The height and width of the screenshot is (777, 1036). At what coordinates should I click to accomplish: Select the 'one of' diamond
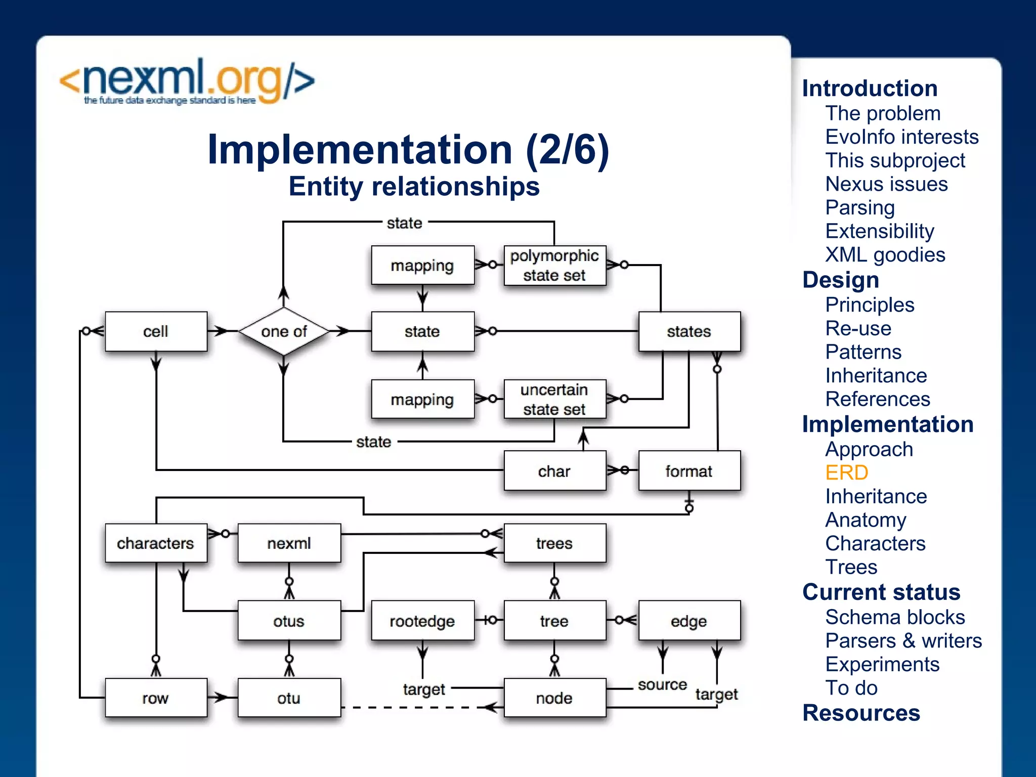[x=284, y=331]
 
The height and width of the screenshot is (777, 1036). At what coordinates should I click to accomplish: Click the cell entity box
[x=156, y=331]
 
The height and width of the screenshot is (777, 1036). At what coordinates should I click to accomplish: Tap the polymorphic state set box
[x=554, y=266]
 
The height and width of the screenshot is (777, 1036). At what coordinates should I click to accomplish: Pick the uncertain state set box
[x=554, y=399]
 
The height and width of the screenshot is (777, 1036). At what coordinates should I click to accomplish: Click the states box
[x=689, y=331]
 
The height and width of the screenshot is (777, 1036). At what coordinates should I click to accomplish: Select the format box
[x=689, y=471]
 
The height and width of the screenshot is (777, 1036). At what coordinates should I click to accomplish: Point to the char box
[x=554, y=471]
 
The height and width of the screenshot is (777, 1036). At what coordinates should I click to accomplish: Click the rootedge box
[x=422, y=621]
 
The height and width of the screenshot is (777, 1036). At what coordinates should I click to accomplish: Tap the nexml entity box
[x=289, y=543]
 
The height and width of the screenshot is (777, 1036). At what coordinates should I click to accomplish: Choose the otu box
[x=289, y=698]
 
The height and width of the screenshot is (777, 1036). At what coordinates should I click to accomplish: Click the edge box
[x=689, y=621]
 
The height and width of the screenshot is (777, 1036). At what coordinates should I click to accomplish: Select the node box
[x=554, y=698]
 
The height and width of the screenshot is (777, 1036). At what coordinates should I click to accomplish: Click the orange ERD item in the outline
[x=846, y=472]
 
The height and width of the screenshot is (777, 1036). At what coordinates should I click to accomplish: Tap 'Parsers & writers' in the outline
[x=903, y=640]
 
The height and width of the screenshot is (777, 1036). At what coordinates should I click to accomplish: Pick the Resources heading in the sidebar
[x=861, y=713]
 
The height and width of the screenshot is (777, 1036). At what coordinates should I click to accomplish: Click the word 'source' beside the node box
[x=662, y=685]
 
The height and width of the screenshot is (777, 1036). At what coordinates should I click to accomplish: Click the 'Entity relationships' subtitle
[x=414, y=186]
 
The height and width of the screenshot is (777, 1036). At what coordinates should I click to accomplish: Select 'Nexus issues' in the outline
[x=886, y=184]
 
